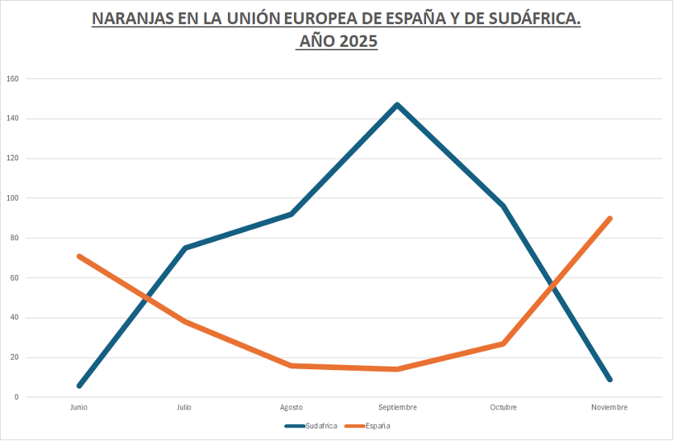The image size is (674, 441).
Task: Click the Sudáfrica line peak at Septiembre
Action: (x=397, y=105)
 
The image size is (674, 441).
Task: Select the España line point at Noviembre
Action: (x=610, y=218)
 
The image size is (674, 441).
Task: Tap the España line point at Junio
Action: (x=79, y=256)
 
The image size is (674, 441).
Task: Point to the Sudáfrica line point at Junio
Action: (x=79, y=385)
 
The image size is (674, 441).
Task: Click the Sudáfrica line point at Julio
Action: (x=185, y=248)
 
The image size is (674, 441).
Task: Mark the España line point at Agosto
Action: (x=292, y=365)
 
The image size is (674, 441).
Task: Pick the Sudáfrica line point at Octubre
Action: (x=503, y=206)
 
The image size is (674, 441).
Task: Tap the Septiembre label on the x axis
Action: (x=397, y=407)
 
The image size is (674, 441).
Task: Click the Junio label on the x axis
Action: (x=79, y=407)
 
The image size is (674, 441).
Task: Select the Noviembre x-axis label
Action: (x=610, y=407)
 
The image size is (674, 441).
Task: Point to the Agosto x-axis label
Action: (x=292, y=407)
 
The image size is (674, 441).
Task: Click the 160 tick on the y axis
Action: (x=12, y=79)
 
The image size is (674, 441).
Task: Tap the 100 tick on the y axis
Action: (x=12, y=198)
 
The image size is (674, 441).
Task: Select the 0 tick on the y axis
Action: (x=15, y=397)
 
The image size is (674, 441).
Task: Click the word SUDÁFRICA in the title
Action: (x=534, y=19)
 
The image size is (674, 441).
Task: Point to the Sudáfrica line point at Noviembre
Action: (x=610, y=379)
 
